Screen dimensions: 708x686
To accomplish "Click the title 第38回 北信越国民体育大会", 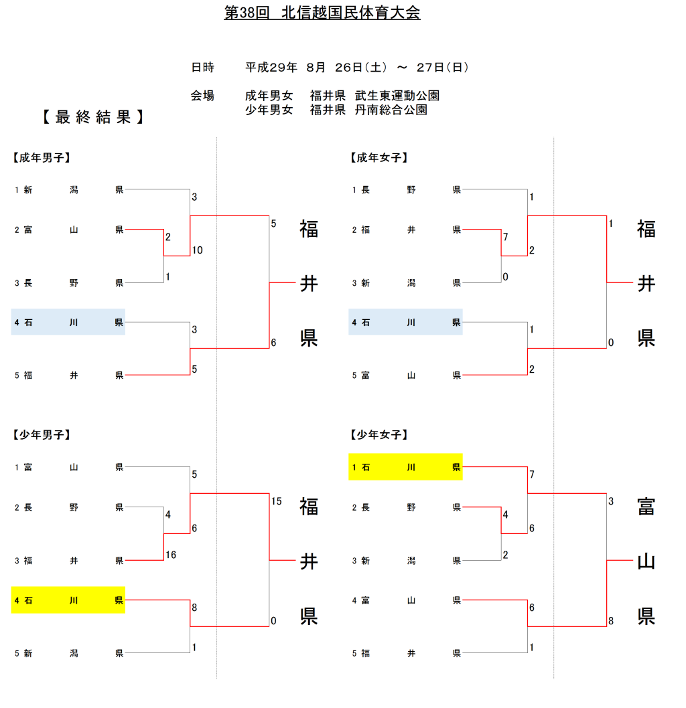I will (x=322, y=13).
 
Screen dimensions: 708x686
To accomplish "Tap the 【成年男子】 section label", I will (x=42, y=158).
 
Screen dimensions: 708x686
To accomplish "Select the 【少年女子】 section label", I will (x=379, y=435).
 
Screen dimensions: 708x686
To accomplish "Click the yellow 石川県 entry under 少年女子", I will (x=405, y=467).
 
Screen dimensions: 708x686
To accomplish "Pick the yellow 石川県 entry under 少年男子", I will (x=68, y=600).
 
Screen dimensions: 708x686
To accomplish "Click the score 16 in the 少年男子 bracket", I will (x=171, y=555).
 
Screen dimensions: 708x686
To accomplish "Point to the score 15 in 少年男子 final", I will (x=277, y=501).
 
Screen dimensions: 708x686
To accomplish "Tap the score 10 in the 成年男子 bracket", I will (x=197, y=250).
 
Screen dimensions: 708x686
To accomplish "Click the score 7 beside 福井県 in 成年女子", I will (x=506, y=237).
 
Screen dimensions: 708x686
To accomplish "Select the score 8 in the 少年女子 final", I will (x=610, y=621).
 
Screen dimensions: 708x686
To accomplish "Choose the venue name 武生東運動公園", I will (x=397, y=96).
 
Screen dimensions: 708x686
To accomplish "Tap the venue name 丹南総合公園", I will (x=391, y=110).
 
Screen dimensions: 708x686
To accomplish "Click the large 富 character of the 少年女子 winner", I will (x=646, y=507).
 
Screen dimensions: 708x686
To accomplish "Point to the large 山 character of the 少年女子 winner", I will (x=646, y=561).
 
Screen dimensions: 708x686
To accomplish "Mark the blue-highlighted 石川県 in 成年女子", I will (x=405, y=323).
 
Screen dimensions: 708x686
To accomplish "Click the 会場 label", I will (x=202, y=96).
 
